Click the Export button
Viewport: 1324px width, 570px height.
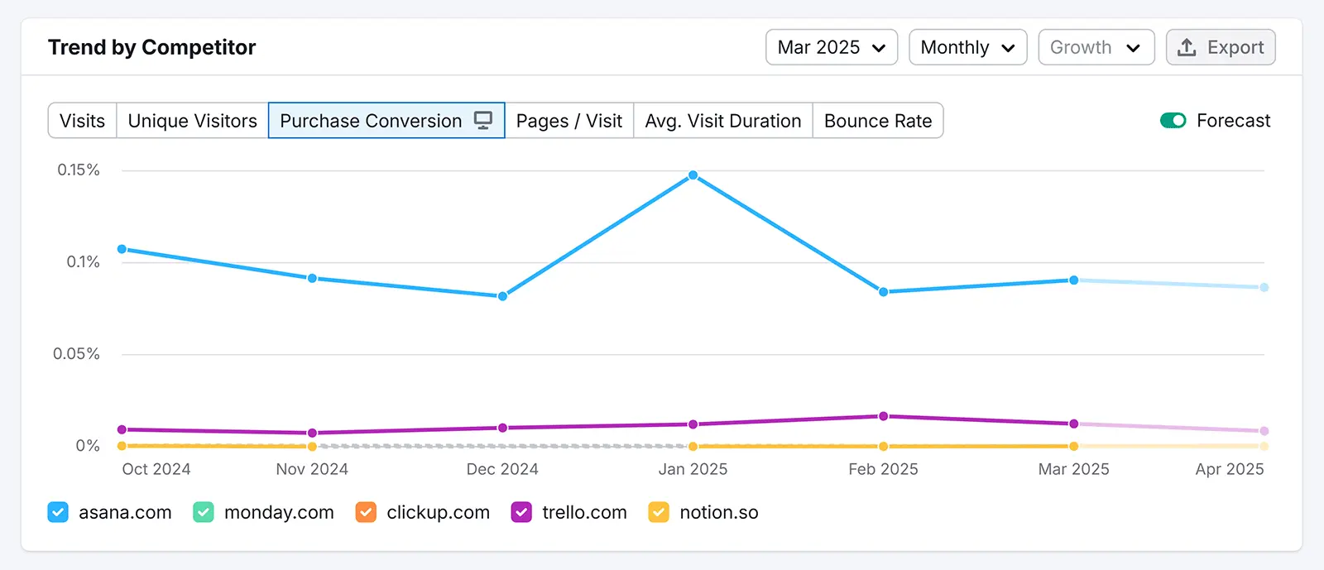point(1221,47)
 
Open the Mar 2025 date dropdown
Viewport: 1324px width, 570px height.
point(831,47)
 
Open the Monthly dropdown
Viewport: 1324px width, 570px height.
point(967,47)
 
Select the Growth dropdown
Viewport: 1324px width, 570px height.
point(1096,47)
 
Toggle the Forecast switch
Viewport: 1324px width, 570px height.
point(1173,121)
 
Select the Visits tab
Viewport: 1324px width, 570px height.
point(82,121)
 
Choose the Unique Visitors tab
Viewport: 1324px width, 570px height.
point(192,121)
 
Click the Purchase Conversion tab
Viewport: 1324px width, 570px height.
point(386,121)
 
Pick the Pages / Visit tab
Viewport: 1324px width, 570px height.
point(568,121)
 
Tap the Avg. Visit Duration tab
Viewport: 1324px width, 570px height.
point(722,121)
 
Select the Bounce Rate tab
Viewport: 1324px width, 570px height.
point(877,121)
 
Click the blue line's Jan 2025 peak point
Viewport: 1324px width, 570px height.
point(693,175)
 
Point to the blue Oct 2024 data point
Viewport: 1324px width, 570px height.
point(122,249)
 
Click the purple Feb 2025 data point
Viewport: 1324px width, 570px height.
point(883,416)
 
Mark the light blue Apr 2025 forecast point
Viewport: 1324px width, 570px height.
point(1264,287)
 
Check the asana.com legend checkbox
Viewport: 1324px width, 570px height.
point(58,512)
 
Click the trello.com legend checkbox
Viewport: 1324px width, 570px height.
point(521,512)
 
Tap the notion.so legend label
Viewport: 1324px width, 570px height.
point(718,512)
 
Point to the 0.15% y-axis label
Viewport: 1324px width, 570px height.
point(79,170)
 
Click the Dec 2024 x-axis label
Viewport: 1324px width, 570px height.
point(502,469)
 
